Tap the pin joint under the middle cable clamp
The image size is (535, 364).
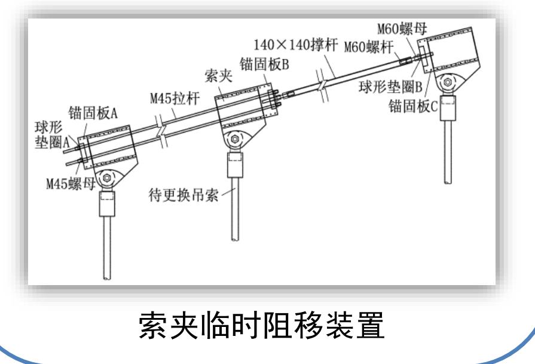pyautogui.click(x=234, y=142)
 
